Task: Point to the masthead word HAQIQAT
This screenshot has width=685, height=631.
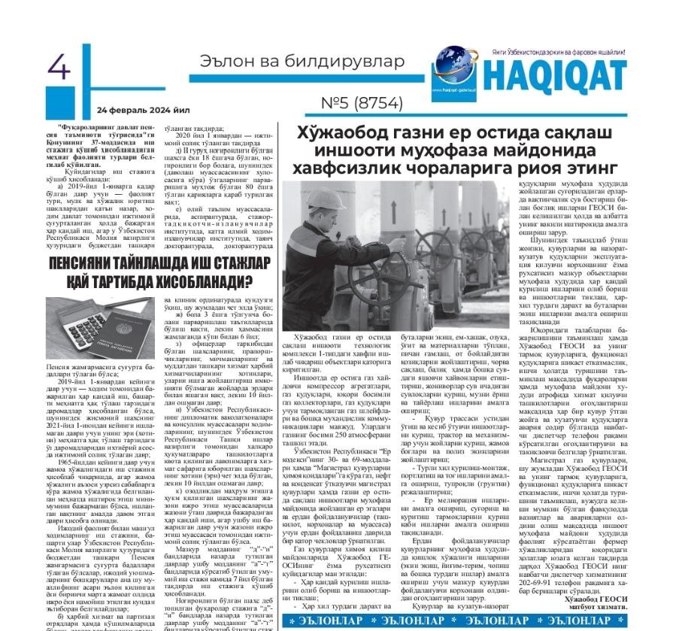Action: [x=554, y=74]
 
